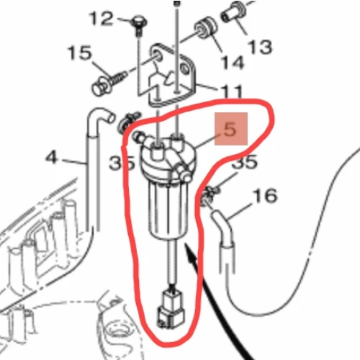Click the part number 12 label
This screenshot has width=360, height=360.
coord(101,19)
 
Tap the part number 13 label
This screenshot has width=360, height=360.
coord(261,47)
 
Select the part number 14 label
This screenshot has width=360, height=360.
coord(233,63)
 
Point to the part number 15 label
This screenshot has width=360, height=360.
coord(80,53)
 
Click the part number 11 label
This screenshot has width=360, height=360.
coord(230,92)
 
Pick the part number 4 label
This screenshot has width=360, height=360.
coord(52,158)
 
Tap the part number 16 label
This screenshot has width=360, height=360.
coord(265,195)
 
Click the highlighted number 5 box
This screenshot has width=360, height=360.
coord(231,129)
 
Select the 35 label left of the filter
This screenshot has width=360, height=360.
coord(122,163)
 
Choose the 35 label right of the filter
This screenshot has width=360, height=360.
coord(245,161)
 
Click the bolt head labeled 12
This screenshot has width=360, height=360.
coord(139,22)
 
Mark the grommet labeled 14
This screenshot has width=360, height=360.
coord(205,27)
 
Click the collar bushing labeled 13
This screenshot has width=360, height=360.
coord(233,12)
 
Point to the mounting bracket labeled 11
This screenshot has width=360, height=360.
coord(172,75)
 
